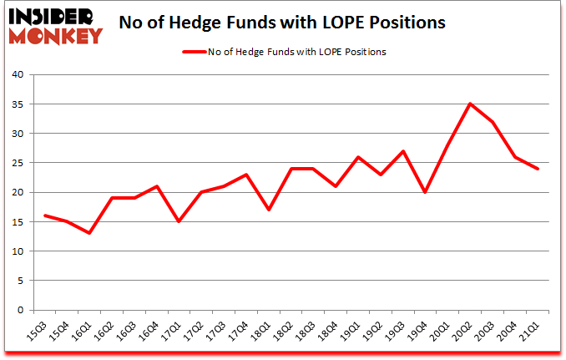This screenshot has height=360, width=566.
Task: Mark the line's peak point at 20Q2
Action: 472,104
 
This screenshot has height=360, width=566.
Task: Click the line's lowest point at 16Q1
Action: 88,233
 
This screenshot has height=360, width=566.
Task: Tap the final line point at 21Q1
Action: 538,169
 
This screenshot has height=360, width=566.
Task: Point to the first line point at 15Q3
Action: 45,215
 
